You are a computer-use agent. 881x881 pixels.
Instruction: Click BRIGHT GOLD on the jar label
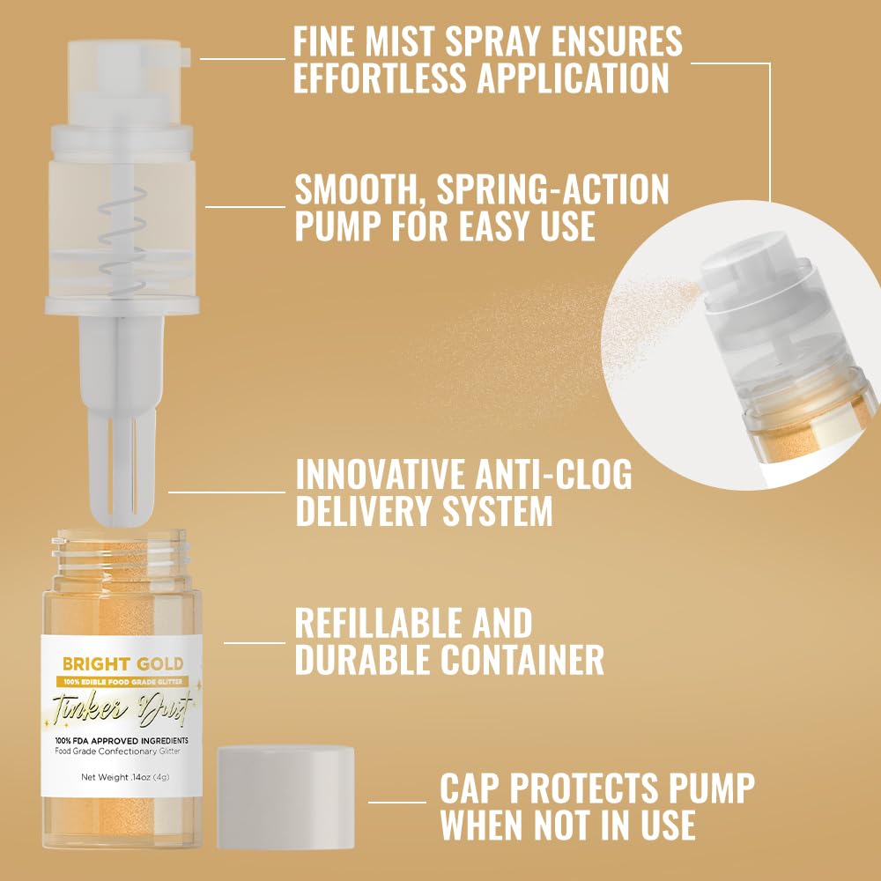tap(122, 663)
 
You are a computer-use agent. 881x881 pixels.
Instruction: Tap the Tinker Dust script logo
tap(122, 707)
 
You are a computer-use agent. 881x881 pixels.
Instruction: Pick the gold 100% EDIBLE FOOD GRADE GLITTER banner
tap(122, 680)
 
